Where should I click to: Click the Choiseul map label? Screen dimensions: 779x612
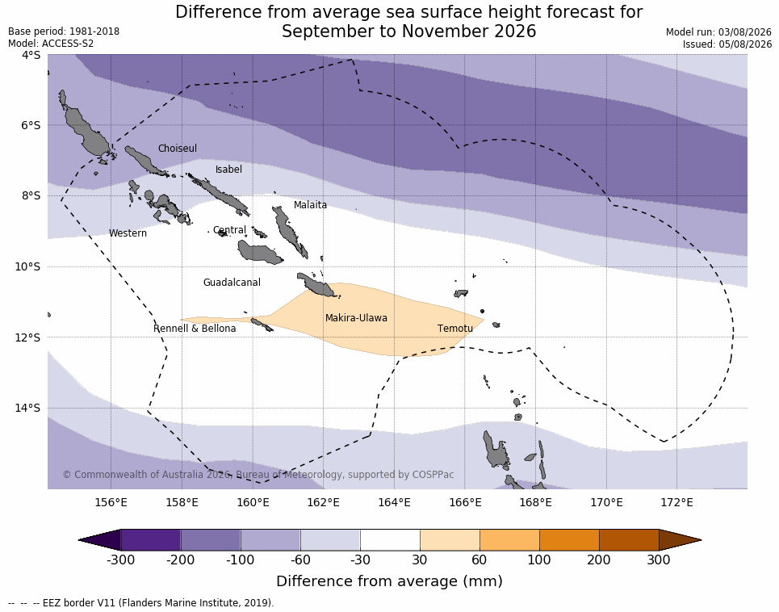(x=178, y=148)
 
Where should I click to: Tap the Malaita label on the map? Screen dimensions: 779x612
(x=310, y=204)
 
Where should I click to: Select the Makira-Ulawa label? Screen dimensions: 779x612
(x=356, y=318)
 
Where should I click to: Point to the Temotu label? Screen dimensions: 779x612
(x=455, y=329)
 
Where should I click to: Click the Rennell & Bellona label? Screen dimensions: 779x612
(x=195, y=329)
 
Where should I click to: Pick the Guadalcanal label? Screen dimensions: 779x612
(x=232, y=282)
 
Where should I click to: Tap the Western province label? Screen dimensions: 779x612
(x=128, y=233)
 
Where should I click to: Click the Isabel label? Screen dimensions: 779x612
(x=228, y=170)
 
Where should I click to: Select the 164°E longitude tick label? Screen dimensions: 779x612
(x=394, y=502)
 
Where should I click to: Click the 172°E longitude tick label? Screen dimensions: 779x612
(x=676, y=502)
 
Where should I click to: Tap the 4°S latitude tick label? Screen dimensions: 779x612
(x=31, y=55)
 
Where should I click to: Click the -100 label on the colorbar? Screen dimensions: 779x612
(x=240, y=560)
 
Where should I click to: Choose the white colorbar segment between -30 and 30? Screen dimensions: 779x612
(x=390, y=540)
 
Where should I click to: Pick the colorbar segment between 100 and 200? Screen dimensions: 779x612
(x=569, y=540)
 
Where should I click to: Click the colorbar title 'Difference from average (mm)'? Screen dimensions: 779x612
(x=389, y=581)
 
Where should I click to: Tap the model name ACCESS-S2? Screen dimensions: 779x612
(x=68, y=44)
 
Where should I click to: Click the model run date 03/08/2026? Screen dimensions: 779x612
(x=745, y=31)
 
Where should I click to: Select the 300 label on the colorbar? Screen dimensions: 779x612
(x=659, y=560)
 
